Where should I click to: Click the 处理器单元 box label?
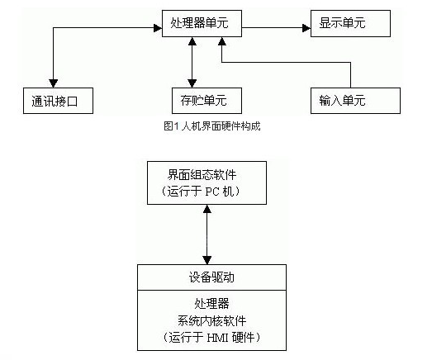(199, 22)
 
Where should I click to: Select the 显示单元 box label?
(342, 22)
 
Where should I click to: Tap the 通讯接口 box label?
(55, 101)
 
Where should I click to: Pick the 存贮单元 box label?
(203, 100)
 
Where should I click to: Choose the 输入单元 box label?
(342, 100)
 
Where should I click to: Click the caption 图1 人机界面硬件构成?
(212, 126)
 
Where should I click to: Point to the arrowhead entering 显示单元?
(306, 28)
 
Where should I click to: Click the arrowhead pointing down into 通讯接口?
(53, 83)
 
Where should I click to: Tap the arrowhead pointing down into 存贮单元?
(192, 83)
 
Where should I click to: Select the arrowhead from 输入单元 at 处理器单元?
(222, 41)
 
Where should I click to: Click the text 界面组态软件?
(202, 174)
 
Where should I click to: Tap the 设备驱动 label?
(211, 277)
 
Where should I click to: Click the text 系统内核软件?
(211, 320)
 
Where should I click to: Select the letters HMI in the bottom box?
(218, 338)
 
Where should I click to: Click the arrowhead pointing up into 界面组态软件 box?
(207, 209)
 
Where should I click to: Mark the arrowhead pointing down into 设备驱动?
(207, 260)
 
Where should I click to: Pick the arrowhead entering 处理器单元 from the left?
(158, 28)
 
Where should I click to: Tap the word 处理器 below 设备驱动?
(211, 304)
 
